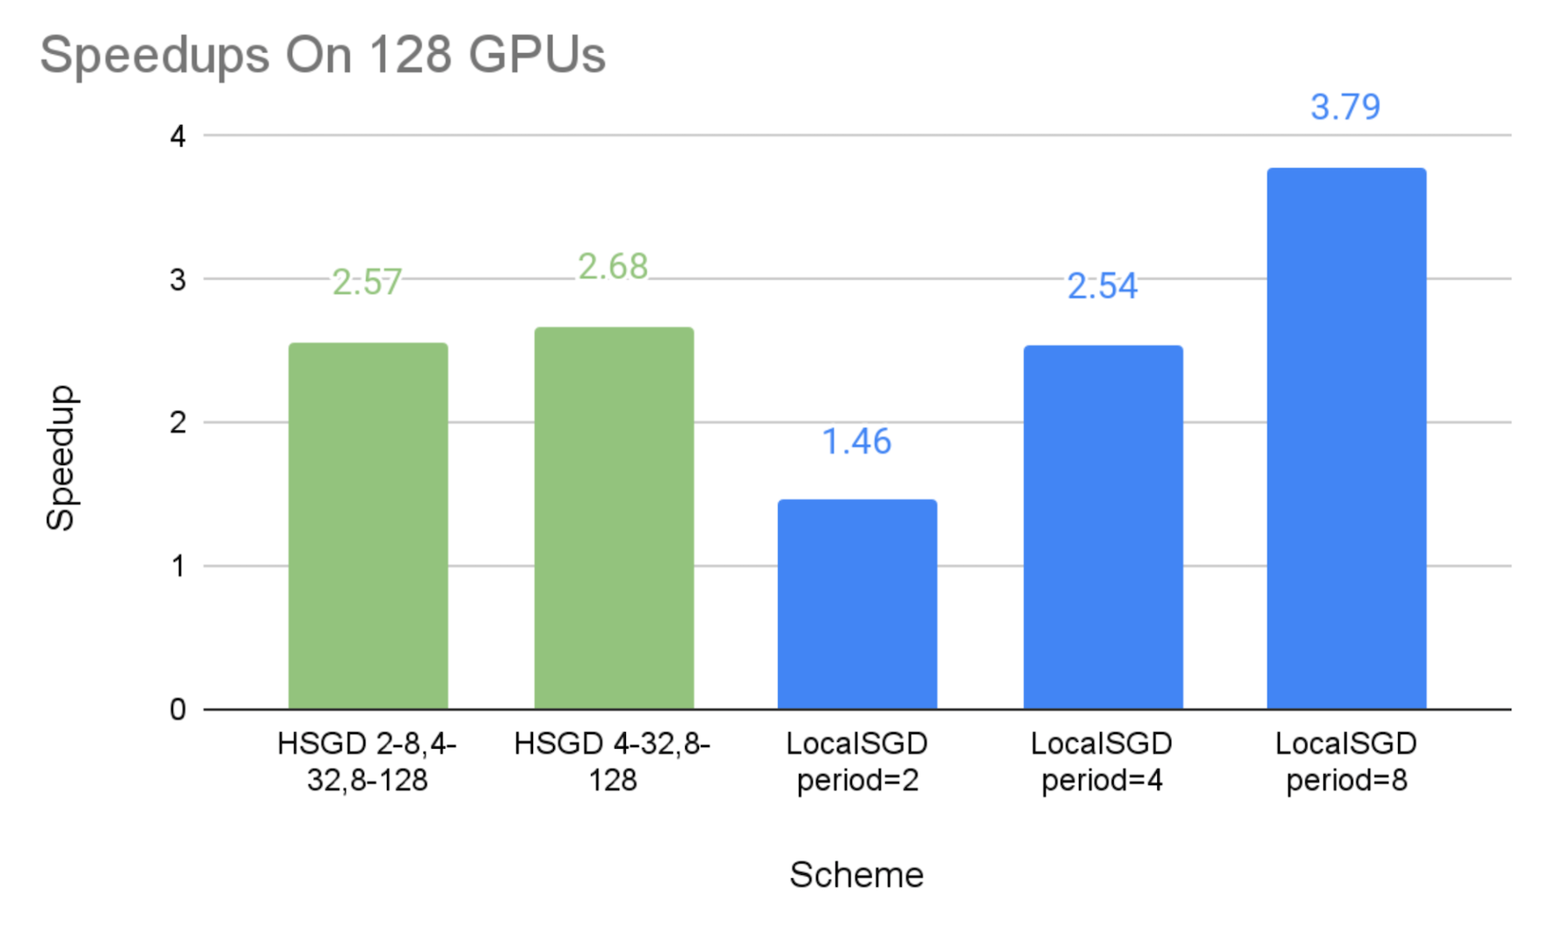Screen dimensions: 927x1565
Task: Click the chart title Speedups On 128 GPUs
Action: (x=323, y=55)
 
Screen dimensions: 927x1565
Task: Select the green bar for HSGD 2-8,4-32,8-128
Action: (x=368, y=525)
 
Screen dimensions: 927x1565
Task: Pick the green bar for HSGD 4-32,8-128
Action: (x=614, y=517)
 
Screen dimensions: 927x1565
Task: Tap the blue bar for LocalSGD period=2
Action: (x=857, y=604)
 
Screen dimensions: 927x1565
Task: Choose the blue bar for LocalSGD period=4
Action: (x=1102, y=527)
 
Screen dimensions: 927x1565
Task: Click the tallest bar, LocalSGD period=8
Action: (x=1346, y=438)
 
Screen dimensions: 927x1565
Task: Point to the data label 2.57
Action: (x=367, y=283)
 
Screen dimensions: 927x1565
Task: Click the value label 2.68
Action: (x=613, y=267)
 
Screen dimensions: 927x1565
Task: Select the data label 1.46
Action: (x=856, y=442)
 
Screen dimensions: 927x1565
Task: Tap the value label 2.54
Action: (x=1102, y=286)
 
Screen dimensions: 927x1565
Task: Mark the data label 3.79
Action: (x=1345, y=107)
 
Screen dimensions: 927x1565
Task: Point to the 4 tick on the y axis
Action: (x=178, y=136)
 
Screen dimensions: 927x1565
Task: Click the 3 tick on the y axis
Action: (x=178, y=279)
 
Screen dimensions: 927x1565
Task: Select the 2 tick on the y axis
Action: (x=178, y=423)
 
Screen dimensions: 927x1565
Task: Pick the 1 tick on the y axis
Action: (x=178, y=566)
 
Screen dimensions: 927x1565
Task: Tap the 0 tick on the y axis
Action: (x=178, y=710)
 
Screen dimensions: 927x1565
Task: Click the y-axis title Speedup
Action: (x=61, y=457)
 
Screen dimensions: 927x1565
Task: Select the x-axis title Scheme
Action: (x=856, y=875)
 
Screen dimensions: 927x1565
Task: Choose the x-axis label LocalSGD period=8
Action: (x=1346, y=762)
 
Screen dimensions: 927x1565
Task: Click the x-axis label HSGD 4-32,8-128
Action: (x=613, y=762)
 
